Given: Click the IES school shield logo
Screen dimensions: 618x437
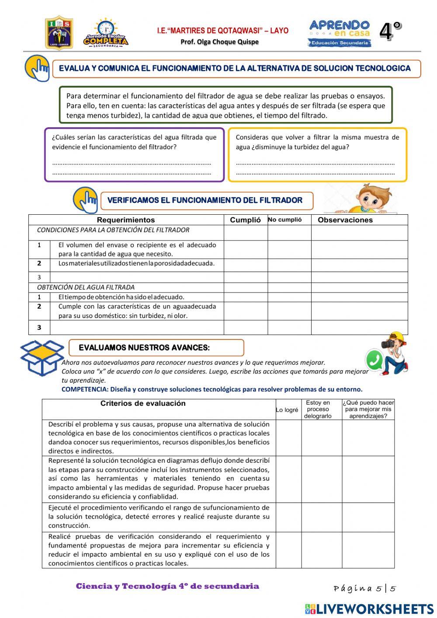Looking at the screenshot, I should pyautogui.click(x=59, y=33).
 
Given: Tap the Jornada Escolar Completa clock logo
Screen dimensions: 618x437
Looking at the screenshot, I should pyautogui.click(x=105, y=33).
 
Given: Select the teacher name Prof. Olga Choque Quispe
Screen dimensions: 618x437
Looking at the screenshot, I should pyautogui.click(x=219, y=42).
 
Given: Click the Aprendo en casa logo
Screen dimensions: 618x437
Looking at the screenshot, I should pyautogui.click(x=340, y=33).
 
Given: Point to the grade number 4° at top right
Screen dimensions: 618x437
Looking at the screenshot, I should pyautogui.click(x=390, y=31).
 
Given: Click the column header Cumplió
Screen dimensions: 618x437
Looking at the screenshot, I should pyautogui.click(x=245, y=220).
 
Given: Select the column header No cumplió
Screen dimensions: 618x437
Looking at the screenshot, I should pyautogui.click(x=284, y=220).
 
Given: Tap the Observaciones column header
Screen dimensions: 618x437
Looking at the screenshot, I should pyautogui.click(x=345, y=220).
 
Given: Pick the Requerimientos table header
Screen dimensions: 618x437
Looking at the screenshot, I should pyautogui.click(x=126, y=220).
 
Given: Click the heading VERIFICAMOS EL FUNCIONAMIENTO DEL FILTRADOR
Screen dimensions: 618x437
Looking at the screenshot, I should pyautogui.click(x=205, y=200).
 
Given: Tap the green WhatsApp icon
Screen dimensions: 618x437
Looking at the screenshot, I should pyautogui.click(x=374, y=360).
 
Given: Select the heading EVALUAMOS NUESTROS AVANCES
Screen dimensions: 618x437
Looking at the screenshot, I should pyautogui.click(x=144, y=348).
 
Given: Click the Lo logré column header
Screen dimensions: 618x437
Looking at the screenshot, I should pyautogui.click(x=287, y=410).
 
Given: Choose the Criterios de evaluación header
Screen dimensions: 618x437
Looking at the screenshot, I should pyautogui.click(x=143, y=403).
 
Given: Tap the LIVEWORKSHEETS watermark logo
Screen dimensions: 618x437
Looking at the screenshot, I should pyautogui.click(x=369, y=609).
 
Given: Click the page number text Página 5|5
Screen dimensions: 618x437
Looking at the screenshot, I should pyautogui.click(x=364, y=589).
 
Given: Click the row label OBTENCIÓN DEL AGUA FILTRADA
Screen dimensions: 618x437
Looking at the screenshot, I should pyautogui.click(x=86, y=287).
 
